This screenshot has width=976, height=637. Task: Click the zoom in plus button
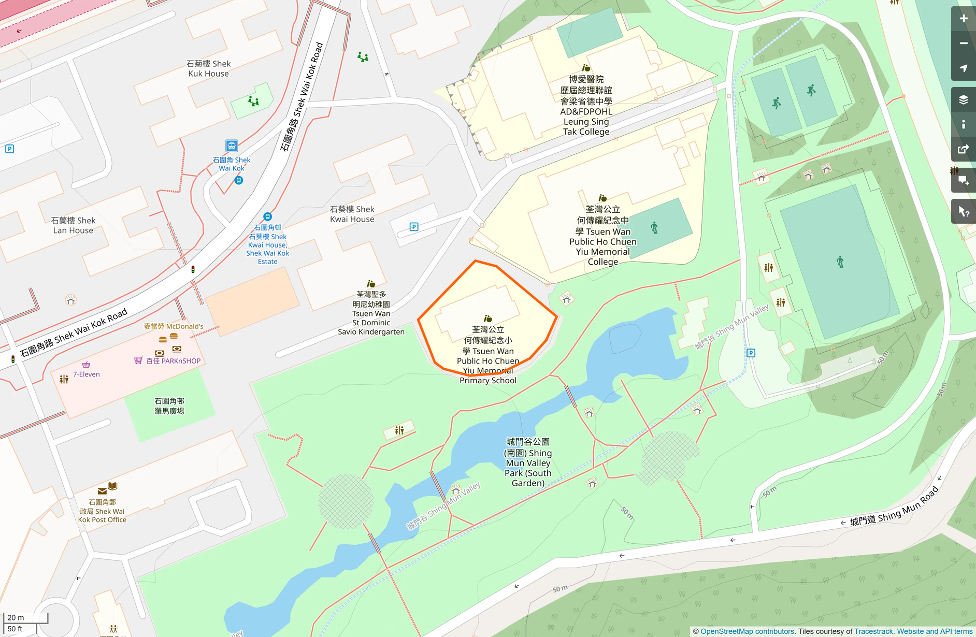click(963, 19)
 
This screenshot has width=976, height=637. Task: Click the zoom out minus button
click(963, 44)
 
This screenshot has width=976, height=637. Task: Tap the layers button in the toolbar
click(963, 99)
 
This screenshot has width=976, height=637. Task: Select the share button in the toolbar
click(963, 150)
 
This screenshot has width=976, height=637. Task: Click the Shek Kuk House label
click(208, 68)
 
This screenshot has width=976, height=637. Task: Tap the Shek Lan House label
click(73, 225)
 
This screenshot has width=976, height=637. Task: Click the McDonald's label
click(174, 326)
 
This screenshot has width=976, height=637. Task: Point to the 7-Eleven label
click(86, 374)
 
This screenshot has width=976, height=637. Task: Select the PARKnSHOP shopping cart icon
click(138, 360)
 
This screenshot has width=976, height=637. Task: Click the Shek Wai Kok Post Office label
click(103, 511)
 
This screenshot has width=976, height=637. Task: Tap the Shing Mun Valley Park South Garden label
click(527, 462)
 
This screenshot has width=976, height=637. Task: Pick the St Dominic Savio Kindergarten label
click(371, 313)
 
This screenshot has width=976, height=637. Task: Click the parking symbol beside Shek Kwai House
click(414, 227)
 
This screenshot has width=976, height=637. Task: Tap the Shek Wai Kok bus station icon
click(232, 146)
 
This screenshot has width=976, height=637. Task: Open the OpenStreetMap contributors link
click(747, 631)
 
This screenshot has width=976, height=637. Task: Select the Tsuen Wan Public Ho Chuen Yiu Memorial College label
click(602, 236)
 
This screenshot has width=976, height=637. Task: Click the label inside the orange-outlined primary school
click(488, 355)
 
